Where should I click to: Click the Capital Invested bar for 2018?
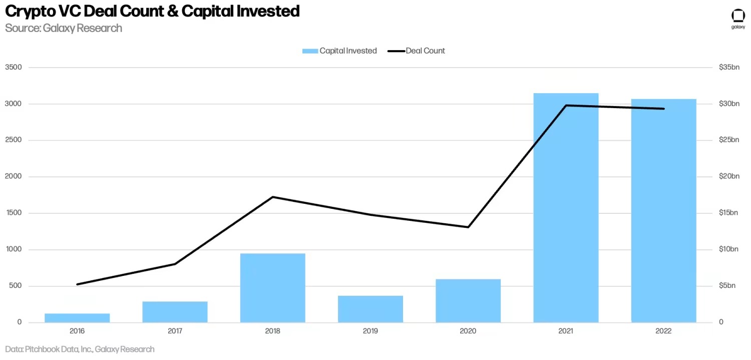click(x=272, y=288)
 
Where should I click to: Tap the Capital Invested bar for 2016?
click(x=77, y=318)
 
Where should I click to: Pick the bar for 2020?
click(x=468, y=301)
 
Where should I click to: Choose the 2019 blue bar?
click(x=370, y=309)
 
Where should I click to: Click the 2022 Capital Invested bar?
click(x=663, y=211)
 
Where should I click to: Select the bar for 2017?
click(x=175, y=312)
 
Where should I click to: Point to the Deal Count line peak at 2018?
click(x=272, y=197)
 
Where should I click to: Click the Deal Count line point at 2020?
click(x=468, y=227)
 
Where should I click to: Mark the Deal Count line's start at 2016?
click(x=77, y=284)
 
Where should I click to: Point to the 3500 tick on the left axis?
click(x=14, y=67)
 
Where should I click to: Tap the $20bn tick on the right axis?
click(x=728, y=176)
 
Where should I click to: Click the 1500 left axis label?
click(x=14, y=213)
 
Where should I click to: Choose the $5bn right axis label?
click(x=727, y=286)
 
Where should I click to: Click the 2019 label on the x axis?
click(x=370, y=331)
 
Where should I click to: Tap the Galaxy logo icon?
click(x=738, y=16)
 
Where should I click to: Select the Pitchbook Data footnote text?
click(x=80, y=349)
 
